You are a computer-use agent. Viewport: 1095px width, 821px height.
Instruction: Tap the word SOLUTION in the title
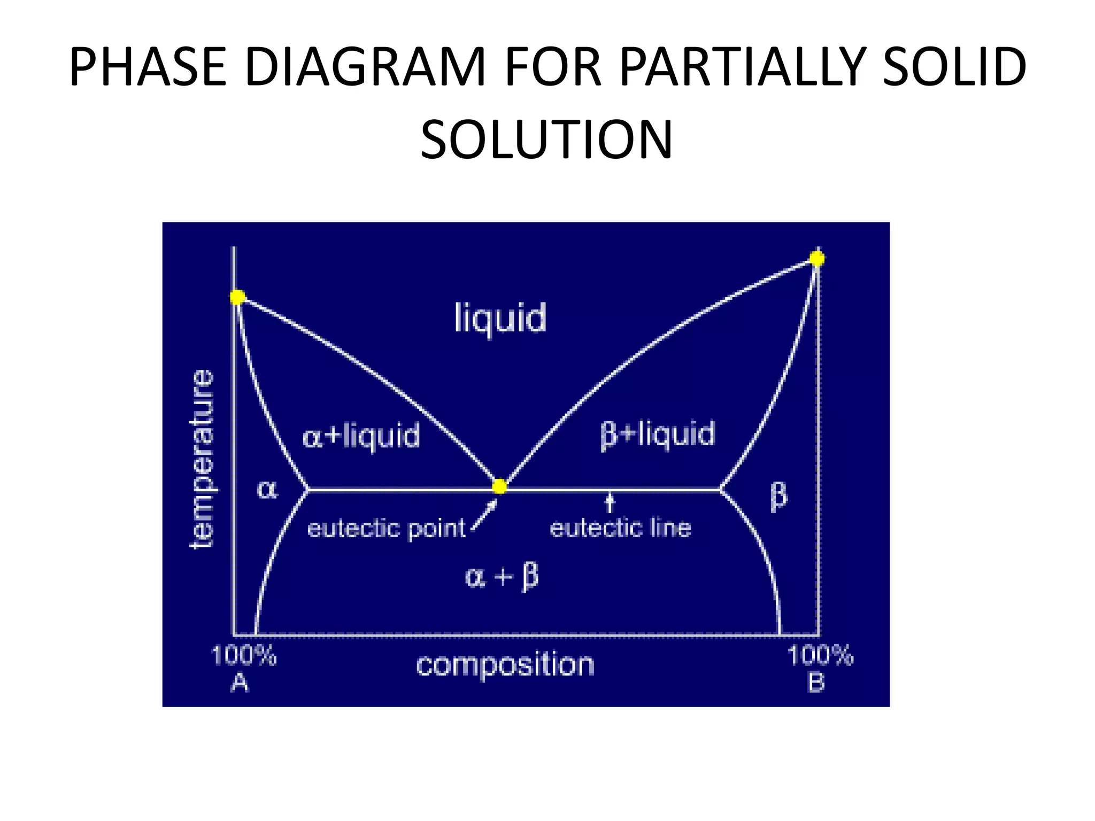pyautogui.click(x=546, y=140)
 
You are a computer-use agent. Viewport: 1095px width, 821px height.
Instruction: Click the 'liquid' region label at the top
pyautogui.click(x=500, y=318)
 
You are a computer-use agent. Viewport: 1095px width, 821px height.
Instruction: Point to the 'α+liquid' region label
pyautogui.click(x=361, y=436)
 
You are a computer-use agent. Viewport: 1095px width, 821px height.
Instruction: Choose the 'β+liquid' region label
pyautogui.click(x=657, y=434)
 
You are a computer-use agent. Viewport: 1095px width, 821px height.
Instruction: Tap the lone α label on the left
pyautogui.click(x=267, y=489)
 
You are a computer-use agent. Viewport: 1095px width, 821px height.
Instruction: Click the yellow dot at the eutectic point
pyautogui.click(x=499, y=486)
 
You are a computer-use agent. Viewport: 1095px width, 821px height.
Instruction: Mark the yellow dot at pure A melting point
pyautogui.click(x=237, y=297)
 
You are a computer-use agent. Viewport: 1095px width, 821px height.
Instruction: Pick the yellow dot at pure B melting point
pyautogui.click(x=817, y=259)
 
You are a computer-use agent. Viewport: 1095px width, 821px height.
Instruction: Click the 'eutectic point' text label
pyautogui.click(x=387, y=529)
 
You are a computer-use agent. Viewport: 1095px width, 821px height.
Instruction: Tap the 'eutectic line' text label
pyautogui.click(x=620, y=528)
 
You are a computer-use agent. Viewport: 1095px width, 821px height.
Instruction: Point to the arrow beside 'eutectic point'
pyautogui.click(x=484, y=514)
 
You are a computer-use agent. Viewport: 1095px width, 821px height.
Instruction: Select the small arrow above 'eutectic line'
pyautogui.click(x=610, y=502)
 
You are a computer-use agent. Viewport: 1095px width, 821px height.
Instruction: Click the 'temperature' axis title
pyautogui.click(x=203, y=459)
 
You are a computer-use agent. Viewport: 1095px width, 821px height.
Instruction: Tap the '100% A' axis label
pyautogui.click(x=243, y=668)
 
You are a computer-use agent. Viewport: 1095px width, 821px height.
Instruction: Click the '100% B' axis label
pyautogui.click(x=820, y=668)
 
